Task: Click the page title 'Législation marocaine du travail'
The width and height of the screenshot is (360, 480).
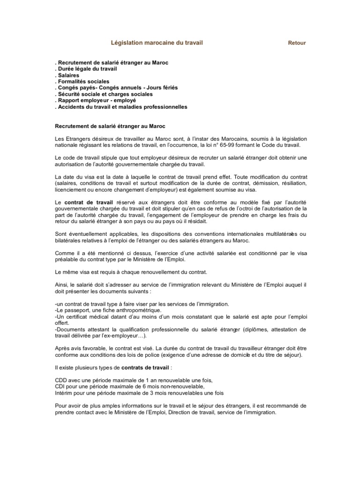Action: pyautogui.click(x=157, y=43)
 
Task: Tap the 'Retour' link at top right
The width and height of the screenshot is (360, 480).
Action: pyautogui.click(x=297, y=43)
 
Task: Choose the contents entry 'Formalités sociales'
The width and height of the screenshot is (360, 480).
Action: pyautogui.click(x=83, y=82)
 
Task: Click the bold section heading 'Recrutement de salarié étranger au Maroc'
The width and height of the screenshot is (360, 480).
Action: pyautogui.click(x=110, y=127)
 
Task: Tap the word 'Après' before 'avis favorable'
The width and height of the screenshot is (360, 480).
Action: pyautogui.click(x=63, y=349)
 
